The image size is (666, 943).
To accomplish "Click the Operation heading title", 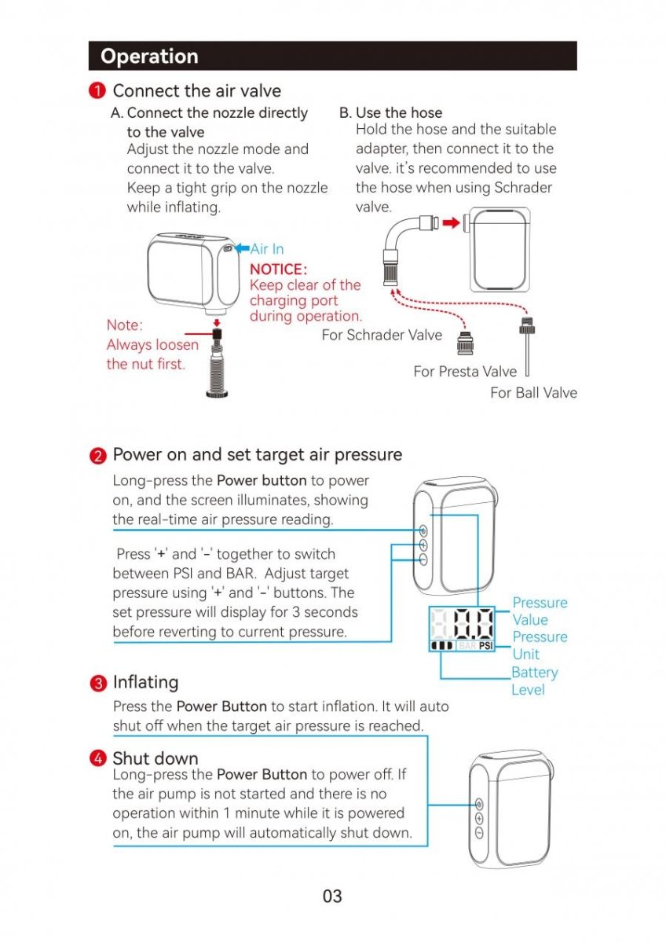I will [x=149, y=57].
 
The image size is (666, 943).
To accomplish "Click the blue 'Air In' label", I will [x=267, y=249].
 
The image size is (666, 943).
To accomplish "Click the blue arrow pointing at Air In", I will [x=243, y=248].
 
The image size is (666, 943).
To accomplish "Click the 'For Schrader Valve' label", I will [x=382, y=336].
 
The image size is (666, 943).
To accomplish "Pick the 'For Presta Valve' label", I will [x=465, y=372].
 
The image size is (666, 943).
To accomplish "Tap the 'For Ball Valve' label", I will [x=533, y=393].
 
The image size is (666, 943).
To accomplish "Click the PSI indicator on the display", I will [x=485, y=646].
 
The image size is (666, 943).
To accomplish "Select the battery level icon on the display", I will [x=442, y=646].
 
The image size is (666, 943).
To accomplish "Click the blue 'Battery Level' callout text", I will [x=534, y=681].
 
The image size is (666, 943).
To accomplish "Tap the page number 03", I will [x=332, y=897].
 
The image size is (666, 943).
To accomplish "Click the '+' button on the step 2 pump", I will [x=423, y=545].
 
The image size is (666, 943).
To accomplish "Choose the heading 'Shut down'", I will [x=156, y=758].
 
